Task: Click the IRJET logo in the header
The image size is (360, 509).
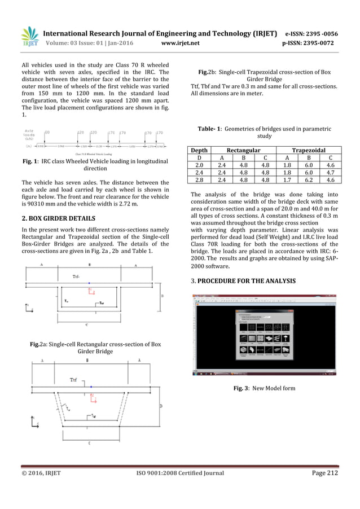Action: click(x=29, y=37)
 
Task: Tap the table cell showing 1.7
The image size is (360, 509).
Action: click(x=287, y=180)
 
